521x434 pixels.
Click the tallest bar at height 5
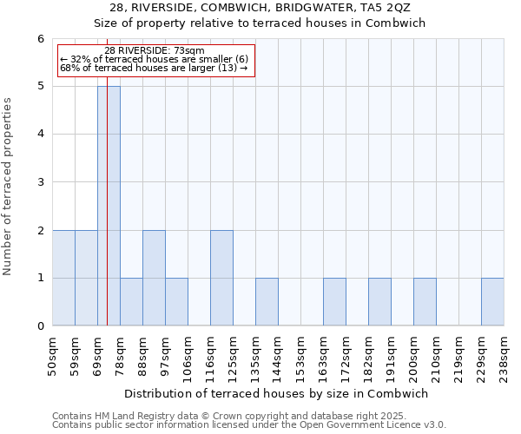pos(109,206)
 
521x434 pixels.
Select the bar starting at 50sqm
pos(63,278)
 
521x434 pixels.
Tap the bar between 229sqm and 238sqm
pos(492,302)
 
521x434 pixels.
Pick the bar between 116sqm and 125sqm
pos(221,278)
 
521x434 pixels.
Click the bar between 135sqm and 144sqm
pos(267,302)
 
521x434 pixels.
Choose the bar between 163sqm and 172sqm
pos(334,302)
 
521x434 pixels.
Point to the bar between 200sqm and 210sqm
pos(425,302)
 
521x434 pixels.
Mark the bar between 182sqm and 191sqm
pos(379,302)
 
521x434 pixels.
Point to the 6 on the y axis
pos(40,39)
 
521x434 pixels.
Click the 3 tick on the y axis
pos(40,182)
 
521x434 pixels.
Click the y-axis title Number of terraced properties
pos(9,187)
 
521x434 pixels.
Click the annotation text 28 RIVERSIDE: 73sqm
pos(155,50)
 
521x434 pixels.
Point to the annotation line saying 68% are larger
pos(154,68)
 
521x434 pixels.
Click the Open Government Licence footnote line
pos(249,425)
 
